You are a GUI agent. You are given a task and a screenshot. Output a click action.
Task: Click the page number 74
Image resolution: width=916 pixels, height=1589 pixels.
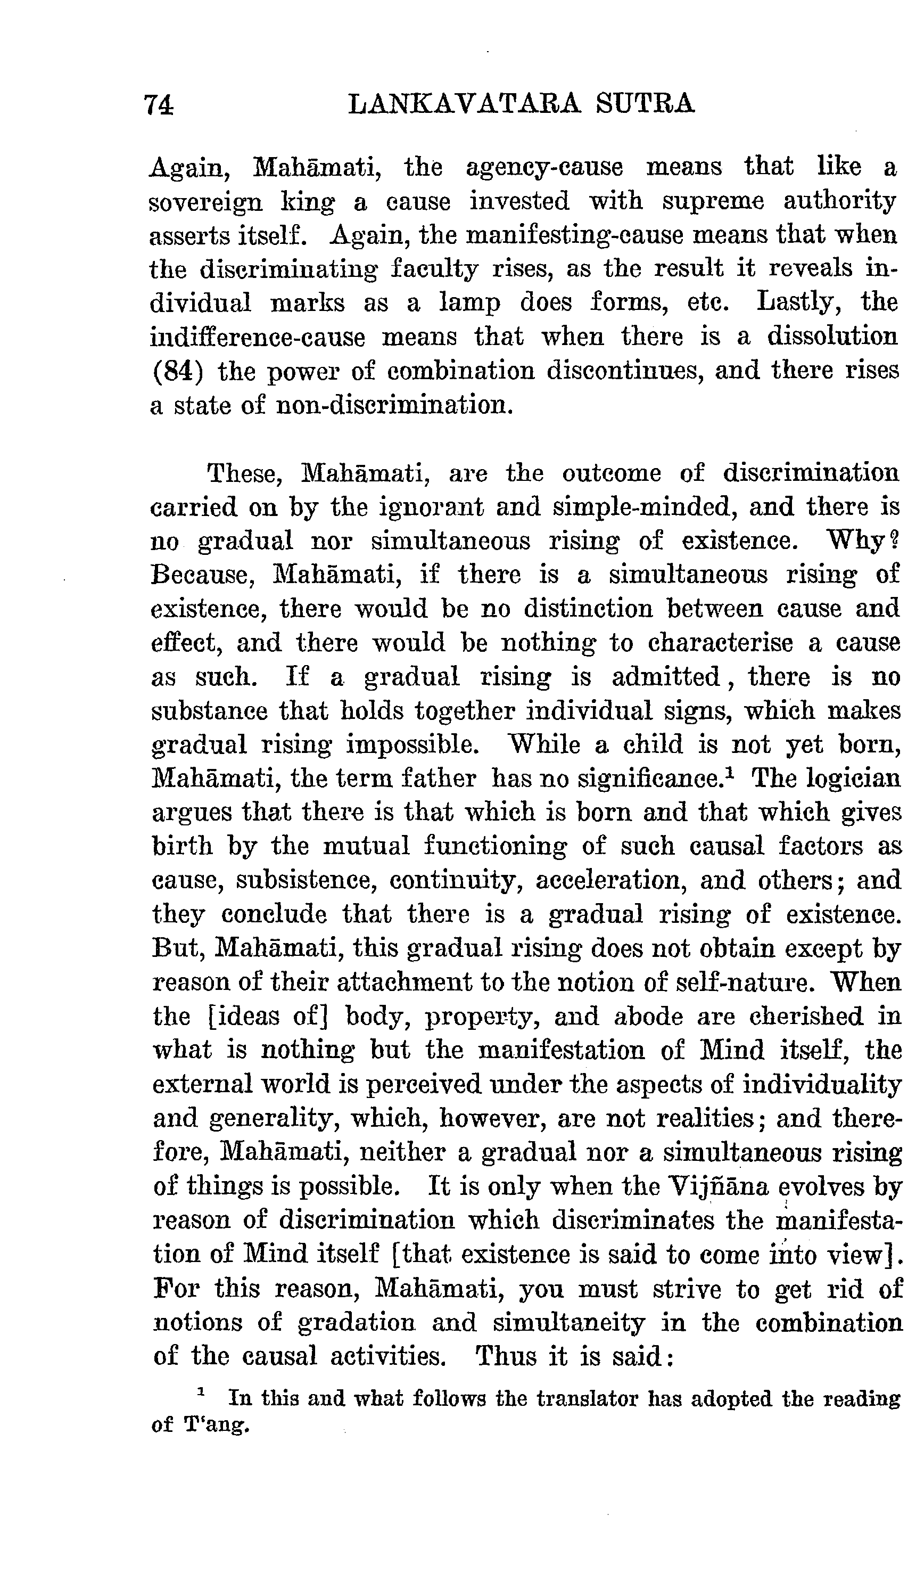[159, 104]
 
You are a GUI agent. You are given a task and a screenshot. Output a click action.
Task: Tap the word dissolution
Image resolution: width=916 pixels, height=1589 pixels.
[832, 337]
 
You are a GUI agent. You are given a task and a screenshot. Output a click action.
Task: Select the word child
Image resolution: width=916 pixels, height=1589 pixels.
[653, 744]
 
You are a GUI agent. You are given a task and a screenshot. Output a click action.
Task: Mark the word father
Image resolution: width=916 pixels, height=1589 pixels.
[438, 779]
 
